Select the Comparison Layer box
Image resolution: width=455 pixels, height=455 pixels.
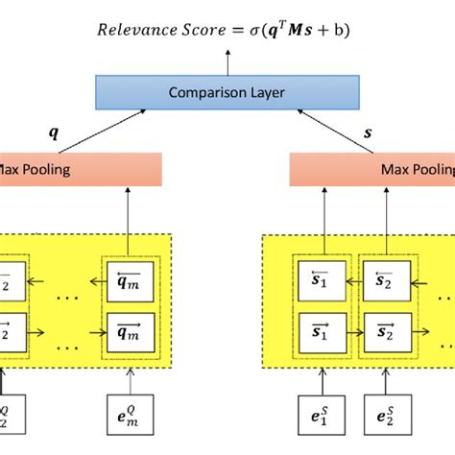[x=227, y=92]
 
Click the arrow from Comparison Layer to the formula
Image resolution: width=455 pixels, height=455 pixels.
[x=227, y=60]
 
